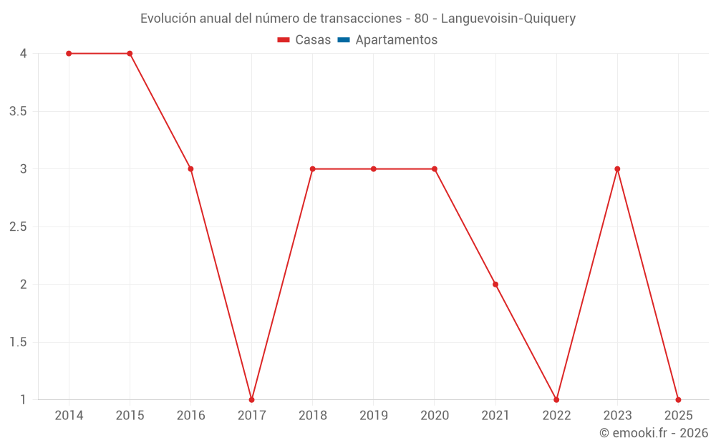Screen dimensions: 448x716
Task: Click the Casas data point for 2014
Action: (x=69, y=54)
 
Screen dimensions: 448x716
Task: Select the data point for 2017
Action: (x=251, y=399)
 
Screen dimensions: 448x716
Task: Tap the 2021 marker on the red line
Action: (x=495, y=285)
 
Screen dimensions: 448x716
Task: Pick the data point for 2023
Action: (x=617, y=169)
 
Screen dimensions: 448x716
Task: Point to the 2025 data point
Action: (x=678, y=399)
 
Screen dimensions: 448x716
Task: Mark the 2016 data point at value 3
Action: (x=190, y=169)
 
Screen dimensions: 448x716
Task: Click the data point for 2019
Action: (x=374, y=169)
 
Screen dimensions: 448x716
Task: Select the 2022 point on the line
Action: (x=556, y=399)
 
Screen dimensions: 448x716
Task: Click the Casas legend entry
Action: (x=304, y=40)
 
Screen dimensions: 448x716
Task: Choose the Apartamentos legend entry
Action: (x=387, y=40)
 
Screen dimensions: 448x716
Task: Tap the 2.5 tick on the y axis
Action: (x=19, y=227)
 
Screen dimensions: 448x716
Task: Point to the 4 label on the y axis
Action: (x=24, y=54)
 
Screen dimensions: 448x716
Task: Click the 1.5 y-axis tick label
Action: (x=19, y=343)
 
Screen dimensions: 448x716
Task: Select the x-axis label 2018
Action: (x=313, y=416)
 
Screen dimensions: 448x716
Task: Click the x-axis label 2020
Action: (x=435, y=416)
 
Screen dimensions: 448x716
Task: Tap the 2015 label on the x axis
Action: (x=130, y=416)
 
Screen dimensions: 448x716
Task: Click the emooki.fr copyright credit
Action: (x=654, y=433)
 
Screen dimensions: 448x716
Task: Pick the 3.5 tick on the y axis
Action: (x=19, y=112)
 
